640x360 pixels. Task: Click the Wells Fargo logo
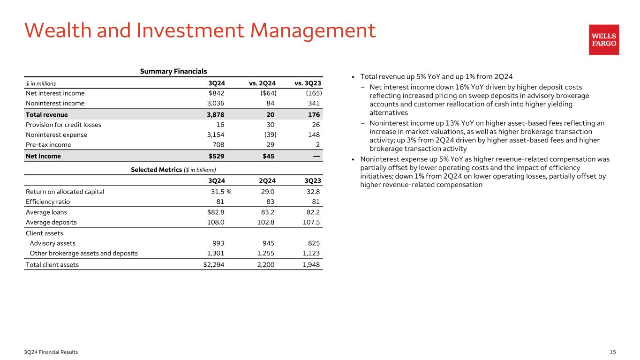pos(604,40)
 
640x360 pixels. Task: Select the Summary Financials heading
pos(173,71)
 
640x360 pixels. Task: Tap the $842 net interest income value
pos(217,93)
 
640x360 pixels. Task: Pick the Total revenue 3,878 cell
pos(216,114)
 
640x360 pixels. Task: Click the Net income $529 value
pos(217,156)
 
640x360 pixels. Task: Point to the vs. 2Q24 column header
pos(263,83)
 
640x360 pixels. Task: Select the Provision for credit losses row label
pos(63,125)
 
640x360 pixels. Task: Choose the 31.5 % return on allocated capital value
pos(220,191)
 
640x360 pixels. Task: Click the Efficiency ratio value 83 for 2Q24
pos(270,202)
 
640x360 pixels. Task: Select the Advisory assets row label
pos(53,243)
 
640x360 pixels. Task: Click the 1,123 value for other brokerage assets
pos(310,254)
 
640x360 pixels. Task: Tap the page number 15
pos(612,352)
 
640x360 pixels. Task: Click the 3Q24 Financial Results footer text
pos(52,352)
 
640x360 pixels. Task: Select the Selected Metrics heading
pos(173,169)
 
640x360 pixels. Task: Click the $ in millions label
pos(41,83)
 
